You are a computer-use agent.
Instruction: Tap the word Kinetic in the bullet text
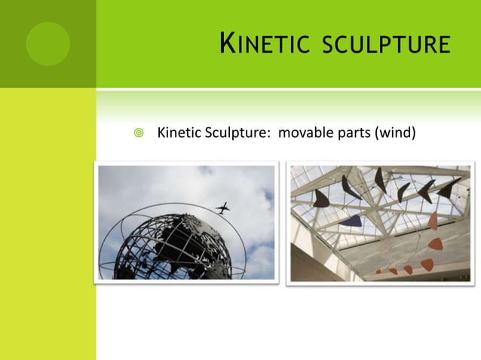(x=179, y=134)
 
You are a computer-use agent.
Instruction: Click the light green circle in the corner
(x=47, y=43)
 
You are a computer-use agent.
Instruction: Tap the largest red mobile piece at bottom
(x=427, y=264)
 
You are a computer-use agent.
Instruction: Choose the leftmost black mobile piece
(x=321, y=199)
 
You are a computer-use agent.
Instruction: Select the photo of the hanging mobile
(x=381, y=223)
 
